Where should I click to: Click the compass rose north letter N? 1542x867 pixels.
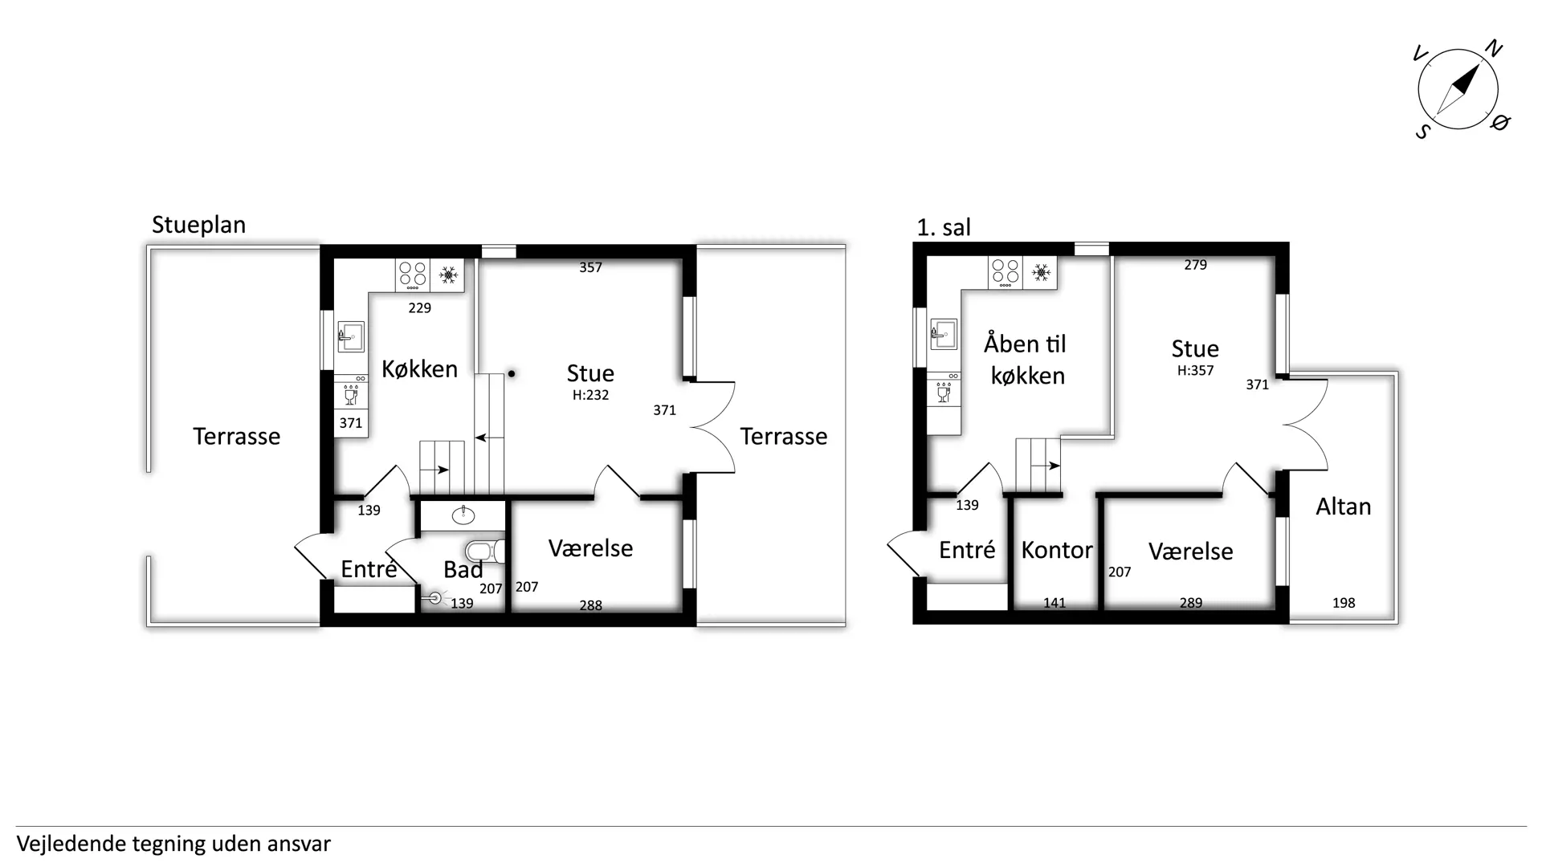(1493, 49)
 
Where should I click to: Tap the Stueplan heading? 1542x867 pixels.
(198, 225)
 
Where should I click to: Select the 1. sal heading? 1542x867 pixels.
(944, 228)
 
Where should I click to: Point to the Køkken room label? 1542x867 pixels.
(419, 369)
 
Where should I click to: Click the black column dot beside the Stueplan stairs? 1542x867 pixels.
(512, 373)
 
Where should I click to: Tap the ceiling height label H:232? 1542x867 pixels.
(590, 395)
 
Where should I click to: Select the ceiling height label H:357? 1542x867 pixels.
(1195, 371)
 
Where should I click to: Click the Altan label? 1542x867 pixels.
(1343, 507)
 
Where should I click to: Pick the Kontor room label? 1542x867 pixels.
(1057, 550)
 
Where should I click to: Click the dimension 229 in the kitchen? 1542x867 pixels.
(419, 307)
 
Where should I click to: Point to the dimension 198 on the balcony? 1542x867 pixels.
(1344, 603)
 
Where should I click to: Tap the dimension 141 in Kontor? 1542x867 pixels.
(1055, 603)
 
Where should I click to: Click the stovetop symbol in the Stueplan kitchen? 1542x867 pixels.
(413, 275)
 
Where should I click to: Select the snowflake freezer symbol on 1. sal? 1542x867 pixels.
(1041, 273)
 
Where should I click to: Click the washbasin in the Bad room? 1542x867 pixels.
(463, 515)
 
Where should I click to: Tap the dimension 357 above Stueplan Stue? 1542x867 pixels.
(590, 267)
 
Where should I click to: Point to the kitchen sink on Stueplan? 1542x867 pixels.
(351, 336)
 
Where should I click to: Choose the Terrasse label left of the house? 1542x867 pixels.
(236, 437)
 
